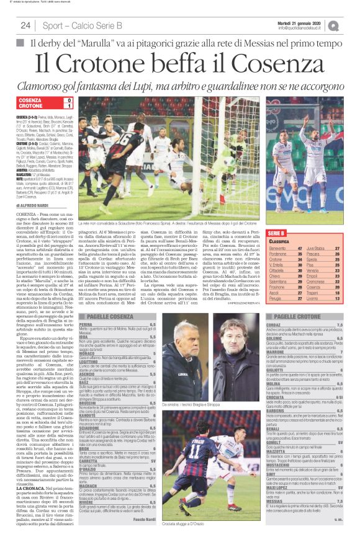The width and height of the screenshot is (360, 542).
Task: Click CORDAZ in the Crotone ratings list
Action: (274, 324)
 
